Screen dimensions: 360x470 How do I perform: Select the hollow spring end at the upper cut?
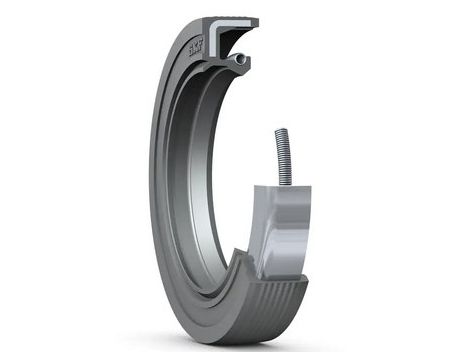point(240,61)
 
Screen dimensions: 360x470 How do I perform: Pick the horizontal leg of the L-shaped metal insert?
point(240,21)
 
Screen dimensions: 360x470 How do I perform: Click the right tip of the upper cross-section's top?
point(257,21)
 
